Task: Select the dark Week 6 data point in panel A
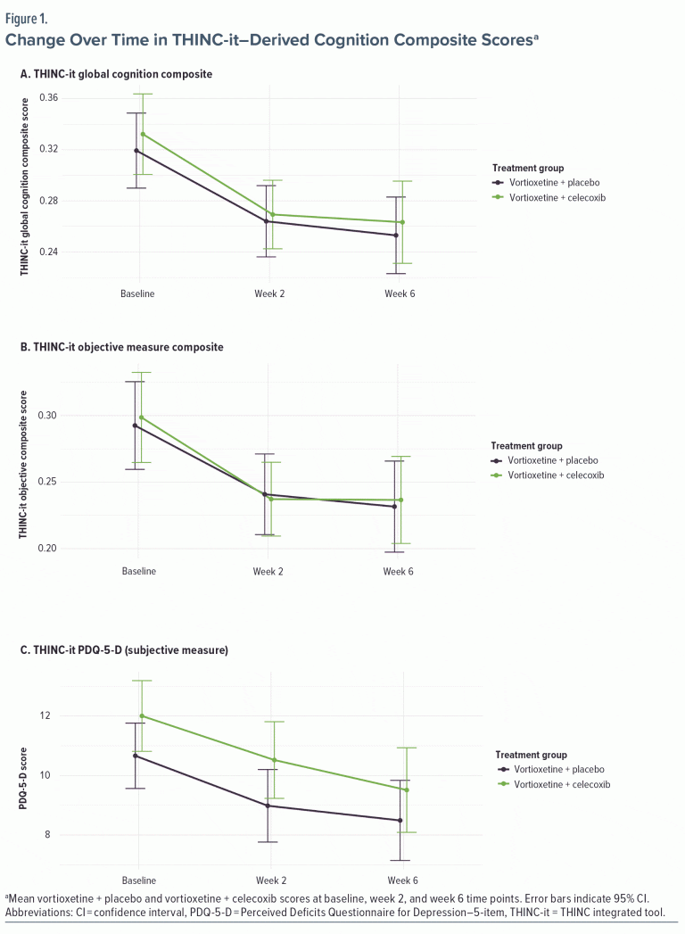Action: (x=395, y=236)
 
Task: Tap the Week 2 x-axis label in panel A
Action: (x=269, y=293)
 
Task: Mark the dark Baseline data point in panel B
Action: (x=136, y=426)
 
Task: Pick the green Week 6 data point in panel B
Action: (x=401, y=500)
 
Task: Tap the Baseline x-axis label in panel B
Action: (x=138, y=571)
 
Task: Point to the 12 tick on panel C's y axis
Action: (x=95, y=715)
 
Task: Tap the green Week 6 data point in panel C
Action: (x=407, y=789)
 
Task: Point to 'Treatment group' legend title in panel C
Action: (x=532, y=755)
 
